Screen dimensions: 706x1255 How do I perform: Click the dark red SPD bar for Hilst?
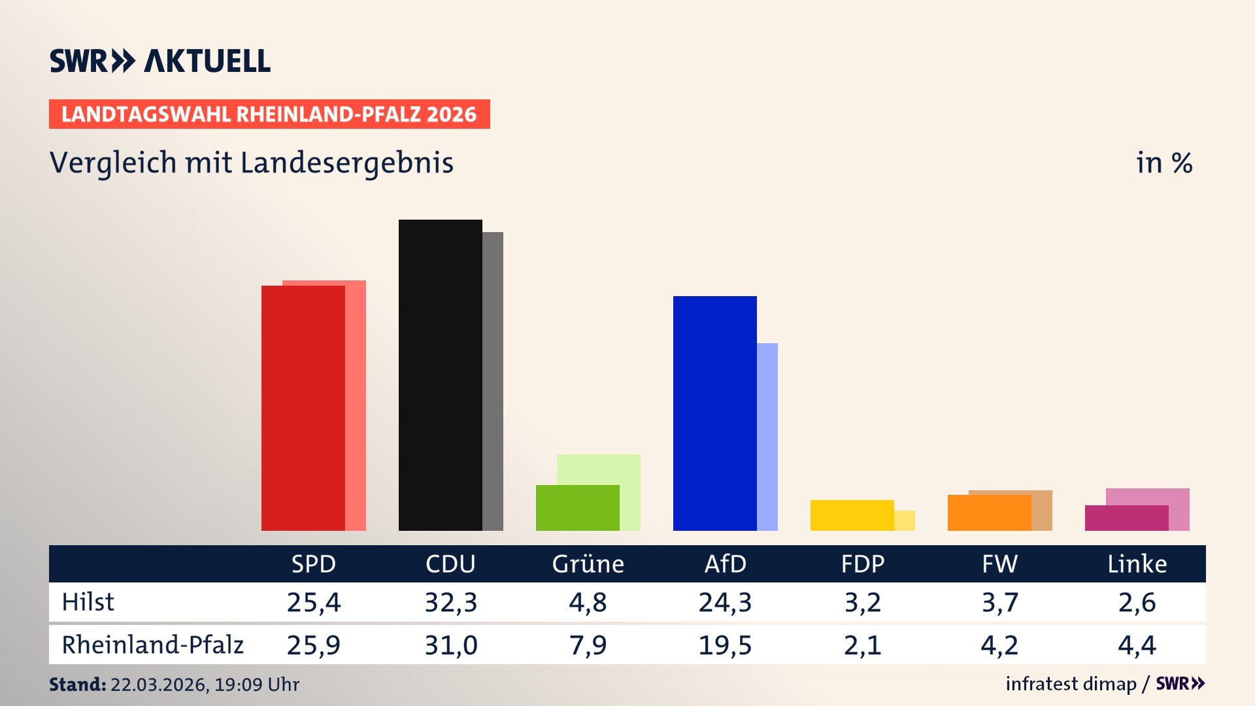[303, 408]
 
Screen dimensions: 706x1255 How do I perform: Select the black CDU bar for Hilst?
[440, 375]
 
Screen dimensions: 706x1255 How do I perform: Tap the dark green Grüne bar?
[577, 508]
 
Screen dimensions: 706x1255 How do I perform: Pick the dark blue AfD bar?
[714, 413]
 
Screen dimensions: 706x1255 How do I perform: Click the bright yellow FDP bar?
[852, 515]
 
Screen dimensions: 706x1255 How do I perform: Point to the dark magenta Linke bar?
[1126, 518]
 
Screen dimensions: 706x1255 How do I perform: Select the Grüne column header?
[588, 563]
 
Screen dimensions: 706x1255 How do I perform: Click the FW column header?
[999, 563]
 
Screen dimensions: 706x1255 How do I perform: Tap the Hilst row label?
[88, 602]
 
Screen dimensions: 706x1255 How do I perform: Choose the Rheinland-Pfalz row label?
[152, 645]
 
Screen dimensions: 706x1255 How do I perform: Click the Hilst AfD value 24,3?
[725, 602]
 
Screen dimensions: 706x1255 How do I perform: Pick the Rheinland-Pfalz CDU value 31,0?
[451, 645]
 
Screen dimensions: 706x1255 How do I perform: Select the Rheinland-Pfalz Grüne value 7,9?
[588, 645]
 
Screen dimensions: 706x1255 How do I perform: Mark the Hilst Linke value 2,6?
[1137, 602]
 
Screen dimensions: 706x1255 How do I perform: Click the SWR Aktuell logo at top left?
[159, 61]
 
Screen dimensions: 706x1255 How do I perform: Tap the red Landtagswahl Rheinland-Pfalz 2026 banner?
[269, 114]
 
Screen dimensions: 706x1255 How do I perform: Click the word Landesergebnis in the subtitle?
[346, 163]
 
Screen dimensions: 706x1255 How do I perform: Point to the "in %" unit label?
[1163, 163]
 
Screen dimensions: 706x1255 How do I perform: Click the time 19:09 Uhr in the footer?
[256, 684]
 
